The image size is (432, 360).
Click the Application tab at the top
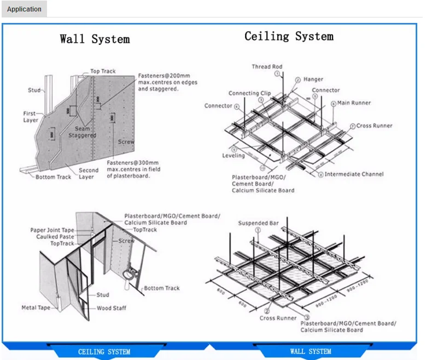24,9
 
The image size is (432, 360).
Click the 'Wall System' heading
95,39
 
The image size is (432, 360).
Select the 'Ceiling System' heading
289,37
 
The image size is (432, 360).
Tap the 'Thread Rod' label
267,67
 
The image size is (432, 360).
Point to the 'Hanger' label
313,79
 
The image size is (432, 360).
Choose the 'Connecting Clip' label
249,93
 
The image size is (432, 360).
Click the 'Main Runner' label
354,103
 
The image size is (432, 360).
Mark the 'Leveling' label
233,156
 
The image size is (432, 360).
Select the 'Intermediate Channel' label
354,174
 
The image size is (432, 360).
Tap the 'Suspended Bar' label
258,223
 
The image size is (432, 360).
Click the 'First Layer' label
30,117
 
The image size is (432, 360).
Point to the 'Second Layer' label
88,173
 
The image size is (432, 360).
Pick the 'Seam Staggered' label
82,132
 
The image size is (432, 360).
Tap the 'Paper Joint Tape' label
52,230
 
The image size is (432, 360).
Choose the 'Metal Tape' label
36,308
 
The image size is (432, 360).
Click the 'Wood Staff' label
112,308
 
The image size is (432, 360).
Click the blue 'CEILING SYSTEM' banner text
104,352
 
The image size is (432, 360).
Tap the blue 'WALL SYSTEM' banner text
311,351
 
